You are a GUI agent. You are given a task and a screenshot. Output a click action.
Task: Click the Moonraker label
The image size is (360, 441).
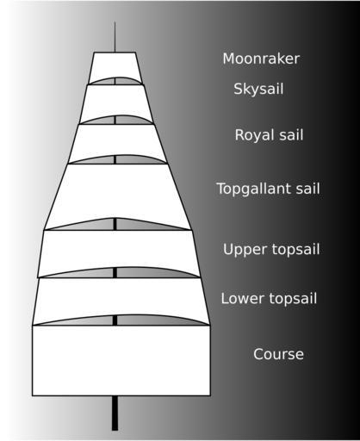click(261, 59)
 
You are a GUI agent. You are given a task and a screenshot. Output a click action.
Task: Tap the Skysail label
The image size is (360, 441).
click(258, 89)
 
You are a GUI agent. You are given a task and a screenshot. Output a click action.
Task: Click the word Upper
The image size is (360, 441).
click(245, 250)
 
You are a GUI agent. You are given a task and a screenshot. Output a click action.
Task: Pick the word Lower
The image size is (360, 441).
click(242, 298)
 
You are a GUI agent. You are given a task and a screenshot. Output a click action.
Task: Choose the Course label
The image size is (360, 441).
click(278, 354)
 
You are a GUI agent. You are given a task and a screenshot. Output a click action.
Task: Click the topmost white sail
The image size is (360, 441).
click(115, 65)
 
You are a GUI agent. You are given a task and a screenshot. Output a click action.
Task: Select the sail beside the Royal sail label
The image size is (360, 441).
click(117, 140)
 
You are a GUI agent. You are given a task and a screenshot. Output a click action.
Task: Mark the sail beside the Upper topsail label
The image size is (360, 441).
click(118, 250)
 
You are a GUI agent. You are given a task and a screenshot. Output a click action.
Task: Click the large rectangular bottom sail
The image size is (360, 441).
click(121, 361)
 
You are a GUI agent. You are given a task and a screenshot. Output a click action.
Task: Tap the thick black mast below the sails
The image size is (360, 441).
click(115, 413)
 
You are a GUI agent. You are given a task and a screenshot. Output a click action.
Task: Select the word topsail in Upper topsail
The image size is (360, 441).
click(295, 250)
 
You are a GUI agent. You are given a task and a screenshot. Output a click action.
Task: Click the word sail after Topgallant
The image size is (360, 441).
click(308, 189)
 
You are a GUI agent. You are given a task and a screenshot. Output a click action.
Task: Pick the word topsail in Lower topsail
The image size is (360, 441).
click(293, 299)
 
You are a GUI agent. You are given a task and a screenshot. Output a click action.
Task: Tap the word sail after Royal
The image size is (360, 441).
click(290, 135)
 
